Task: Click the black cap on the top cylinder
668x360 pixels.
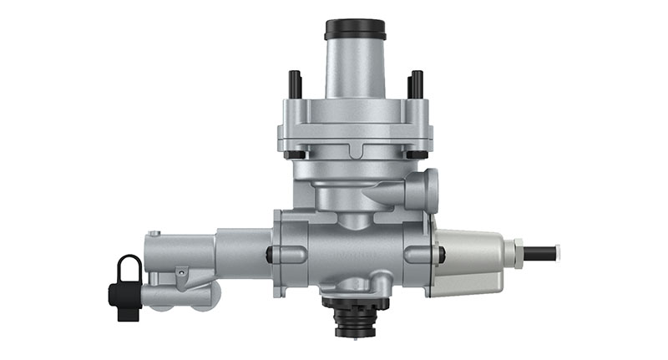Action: point(355,29)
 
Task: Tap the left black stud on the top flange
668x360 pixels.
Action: point(295,84)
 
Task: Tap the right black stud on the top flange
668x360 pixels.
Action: point(415,84)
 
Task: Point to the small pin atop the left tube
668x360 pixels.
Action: point(154,234)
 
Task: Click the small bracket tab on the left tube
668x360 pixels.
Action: point(181,272)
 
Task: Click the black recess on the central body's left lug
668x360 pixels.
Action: point(271,254)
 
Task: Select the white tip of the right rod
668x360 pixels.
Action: point(557,251)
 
